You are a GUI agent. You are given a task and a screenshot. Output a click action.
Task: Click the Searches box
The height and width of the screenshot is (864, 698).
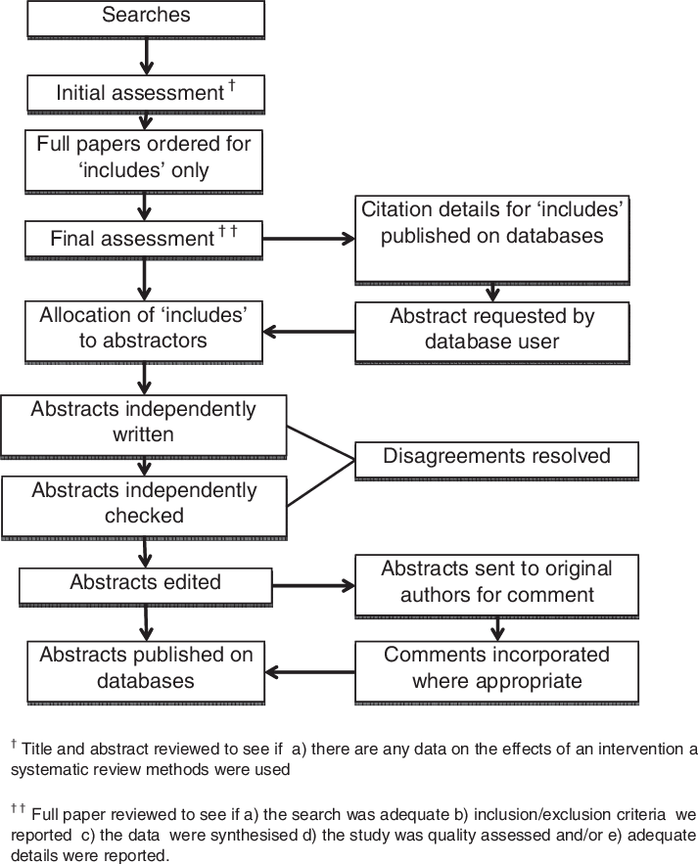(x=146, y=18)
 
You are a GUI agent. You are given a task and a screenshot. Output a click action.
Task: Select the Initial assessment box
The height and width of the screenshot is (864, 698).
(x=146, y=94)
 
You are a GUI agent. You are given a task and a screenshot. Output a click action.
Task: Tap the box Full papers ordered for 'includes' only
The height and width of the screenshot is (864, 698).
(x=144, y=159)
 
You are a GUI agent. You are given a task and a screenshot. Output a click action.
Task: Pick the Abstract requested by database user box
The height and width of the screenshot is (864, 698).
(x=491, y=330)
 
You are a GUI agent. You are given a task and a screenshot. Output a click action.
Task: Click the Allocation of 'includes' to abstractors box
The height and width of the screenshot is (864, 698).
(x=144, y=330)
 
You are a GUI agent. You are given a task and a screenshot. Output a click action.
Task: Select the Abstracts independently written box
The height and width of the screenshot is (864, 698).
(x=143, y=425)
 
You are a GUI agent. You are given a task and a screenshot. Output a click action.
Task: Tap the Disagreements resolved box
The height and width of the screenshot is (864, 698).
(x=496, y=458)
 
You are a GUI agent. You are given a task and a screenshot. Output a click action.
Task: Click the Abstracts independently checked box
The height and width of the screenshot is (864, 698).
(x=143, y=505)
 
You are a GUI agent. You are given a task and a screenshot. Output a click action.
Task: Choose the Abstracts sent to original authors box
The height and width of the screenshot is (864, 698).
(x=496, y=583)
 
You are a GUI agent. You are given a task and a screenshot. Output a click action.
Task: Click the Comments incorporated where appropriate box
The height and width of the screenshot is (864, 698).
(x=496, y=669)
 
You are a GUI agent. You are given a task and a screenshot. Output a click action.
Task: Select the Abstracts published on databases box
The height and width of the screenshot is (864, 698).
(x=146, y=669)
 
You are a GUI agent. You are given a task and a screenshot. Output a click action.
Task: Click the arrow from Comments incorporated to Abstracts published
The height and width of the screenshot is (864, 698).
(x=310, y=671)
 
